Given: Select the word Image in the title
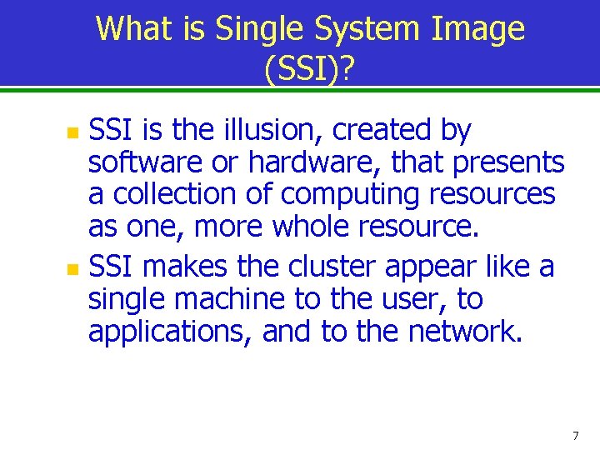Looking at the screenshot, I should click(478, 29).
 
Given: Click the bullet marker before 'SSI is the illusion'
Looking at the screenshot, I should click(73, 132).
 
